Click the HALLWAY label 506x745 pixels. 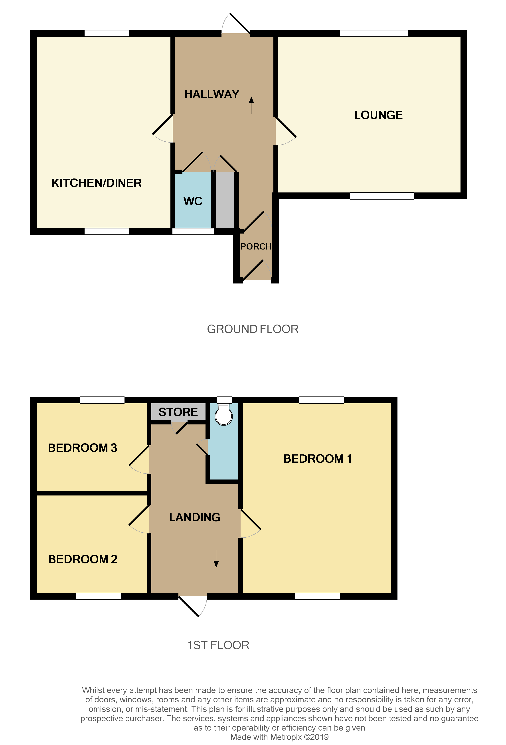pos(212,94)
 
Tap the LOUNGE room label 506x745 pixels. pos(378,115)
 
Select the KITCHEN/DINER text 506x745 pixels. pos(97,183)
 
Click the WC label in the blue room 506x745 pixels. pos(193,201)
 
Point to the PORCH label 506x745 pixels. pos(256,246)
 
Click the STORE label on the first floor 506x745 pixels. pos(178,412)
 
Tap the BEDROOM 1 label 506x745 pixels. pos(318,459)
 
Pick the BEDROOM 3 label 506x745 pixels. pos(83,448)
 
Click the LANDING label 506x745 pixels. pos(195,517)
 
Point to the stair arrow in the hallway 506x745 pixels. pos(251,105)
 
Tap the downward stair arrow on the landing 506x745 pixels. pos(216,559)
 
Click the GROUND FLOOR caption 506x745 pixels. pos(253,329)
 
